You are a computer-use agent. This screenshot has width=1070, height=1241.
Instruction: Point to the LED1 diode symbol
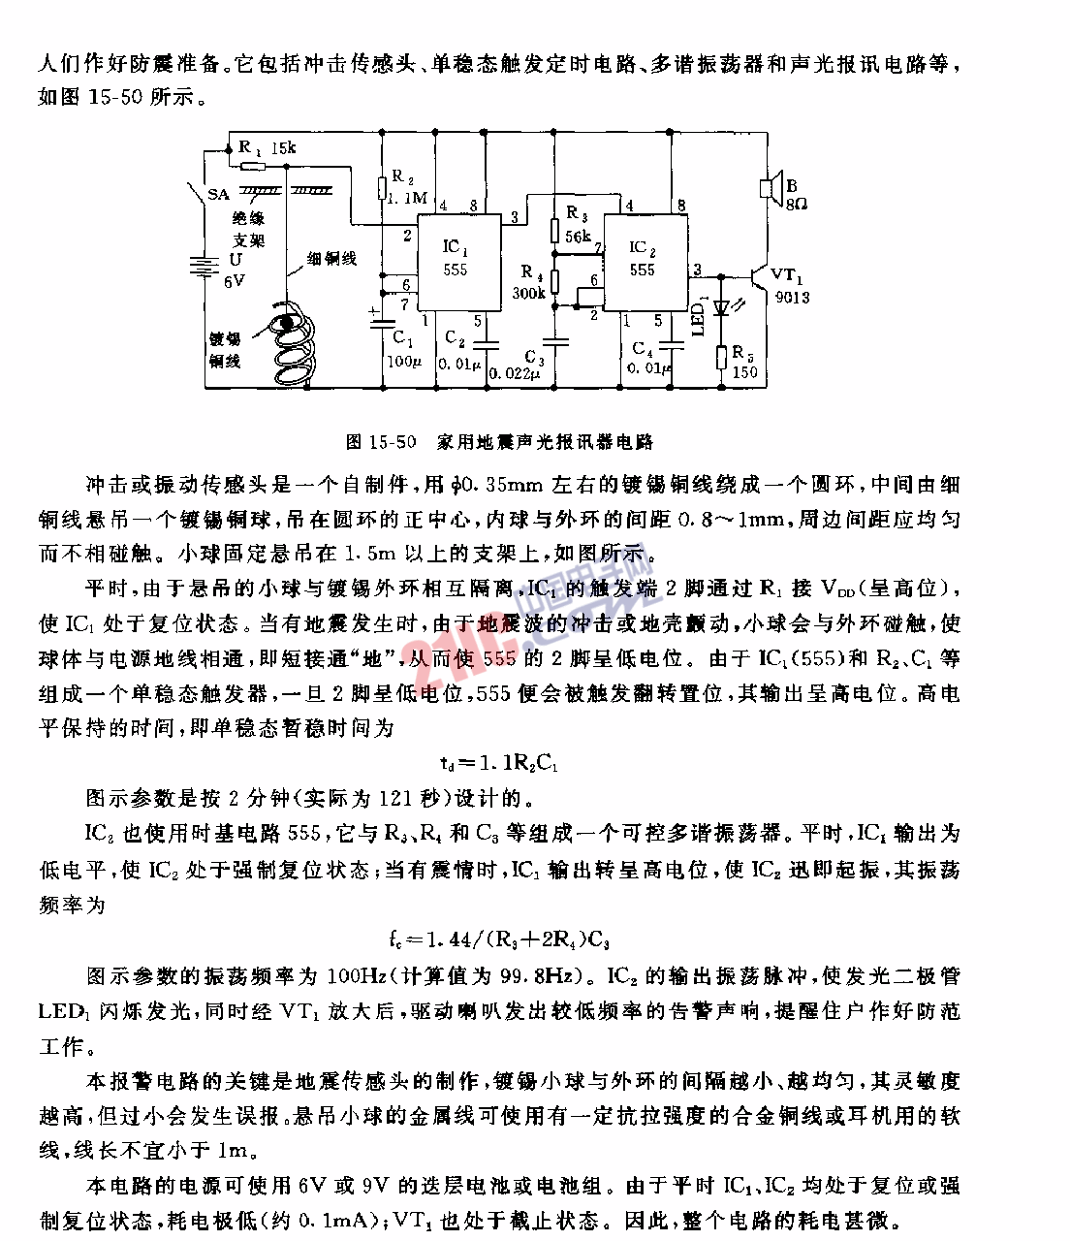pos(721,308)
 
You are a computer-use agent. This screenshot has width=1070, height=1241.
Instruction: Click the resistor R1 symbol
pos(252,165)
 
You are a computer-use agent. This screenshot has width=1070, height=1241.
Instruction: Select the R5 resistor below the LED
pos(721,359)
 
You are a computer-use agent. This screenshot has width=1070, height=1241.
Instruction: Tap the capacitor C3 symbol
pos(554,341)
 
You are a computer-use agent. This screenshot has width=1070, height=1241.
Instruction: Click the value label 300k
pos(529,294)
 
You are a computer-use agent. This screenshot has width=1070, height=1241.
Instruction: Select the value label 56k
pos(579,236)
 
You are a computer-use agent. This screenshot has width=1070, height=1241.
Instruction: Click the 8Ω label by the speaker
pos(797,204)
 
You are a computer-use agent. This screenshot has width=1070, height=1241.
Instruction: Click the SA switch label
pos(218,195)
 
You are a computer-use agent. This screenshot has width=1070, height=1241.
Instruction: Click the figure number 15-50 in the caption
pos(393,442)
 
